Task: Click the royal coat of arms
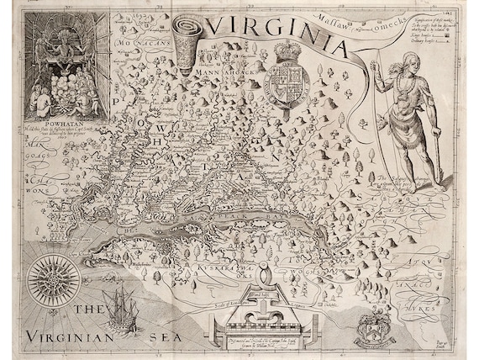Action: click(287, 84)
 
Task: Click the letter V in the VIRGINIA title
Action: click(220, 28)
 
